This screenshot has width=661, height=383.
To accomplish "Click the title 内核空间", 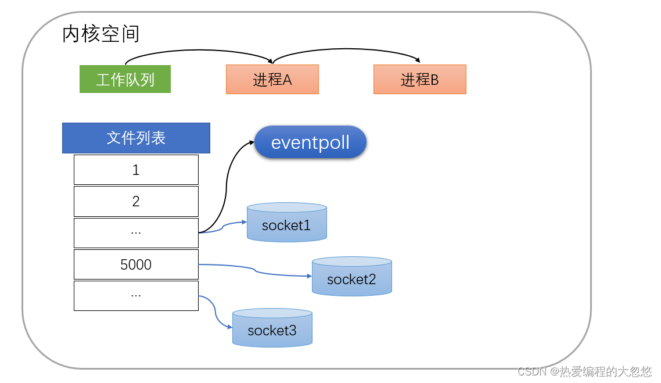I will point(100,34).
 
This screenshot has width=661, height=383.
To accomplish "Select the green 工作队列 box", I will point(125,79).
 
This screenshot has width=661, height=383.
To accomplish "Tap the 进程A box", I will point(272,79).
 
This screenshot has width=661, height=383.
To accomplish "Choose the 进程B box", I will point(419,79).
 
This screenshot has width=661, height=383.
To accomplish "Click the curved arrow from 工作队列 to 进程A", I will point(197,51).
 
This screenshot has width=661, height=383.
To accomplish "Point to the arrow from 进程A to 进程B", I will point(346,51).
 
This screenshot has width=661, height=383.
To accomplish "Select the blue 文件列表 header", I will point(136,138).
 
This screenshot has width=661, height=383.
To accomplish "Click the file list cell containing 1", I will point(136,170).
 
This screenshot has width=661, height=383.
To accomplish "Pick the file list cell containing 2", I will point(136,201).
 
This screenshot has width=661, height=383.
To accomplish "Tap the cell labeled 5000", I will point(136,264).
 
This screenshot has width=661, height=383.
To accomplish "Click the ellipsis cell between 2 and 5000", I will point(136,232).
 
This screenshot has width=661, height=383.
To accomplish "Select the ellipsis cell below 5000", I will point(136,295).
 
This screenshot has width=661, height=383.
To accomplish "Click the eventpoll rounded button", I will point(310,142).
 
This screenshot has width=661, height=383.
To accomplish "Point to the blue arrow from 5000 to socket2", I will point(256,270).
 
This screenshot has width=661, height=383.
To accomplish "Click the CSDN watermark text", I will point(584,371).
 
